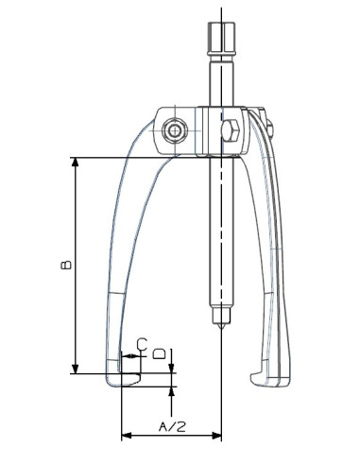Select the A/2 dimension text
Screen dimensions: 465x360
[x=171, y=427]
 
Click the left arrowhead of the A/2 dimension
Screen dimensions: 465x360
[x=127, y=437]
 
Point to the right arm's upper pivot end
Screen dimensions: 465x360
[x=266, y=121]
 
